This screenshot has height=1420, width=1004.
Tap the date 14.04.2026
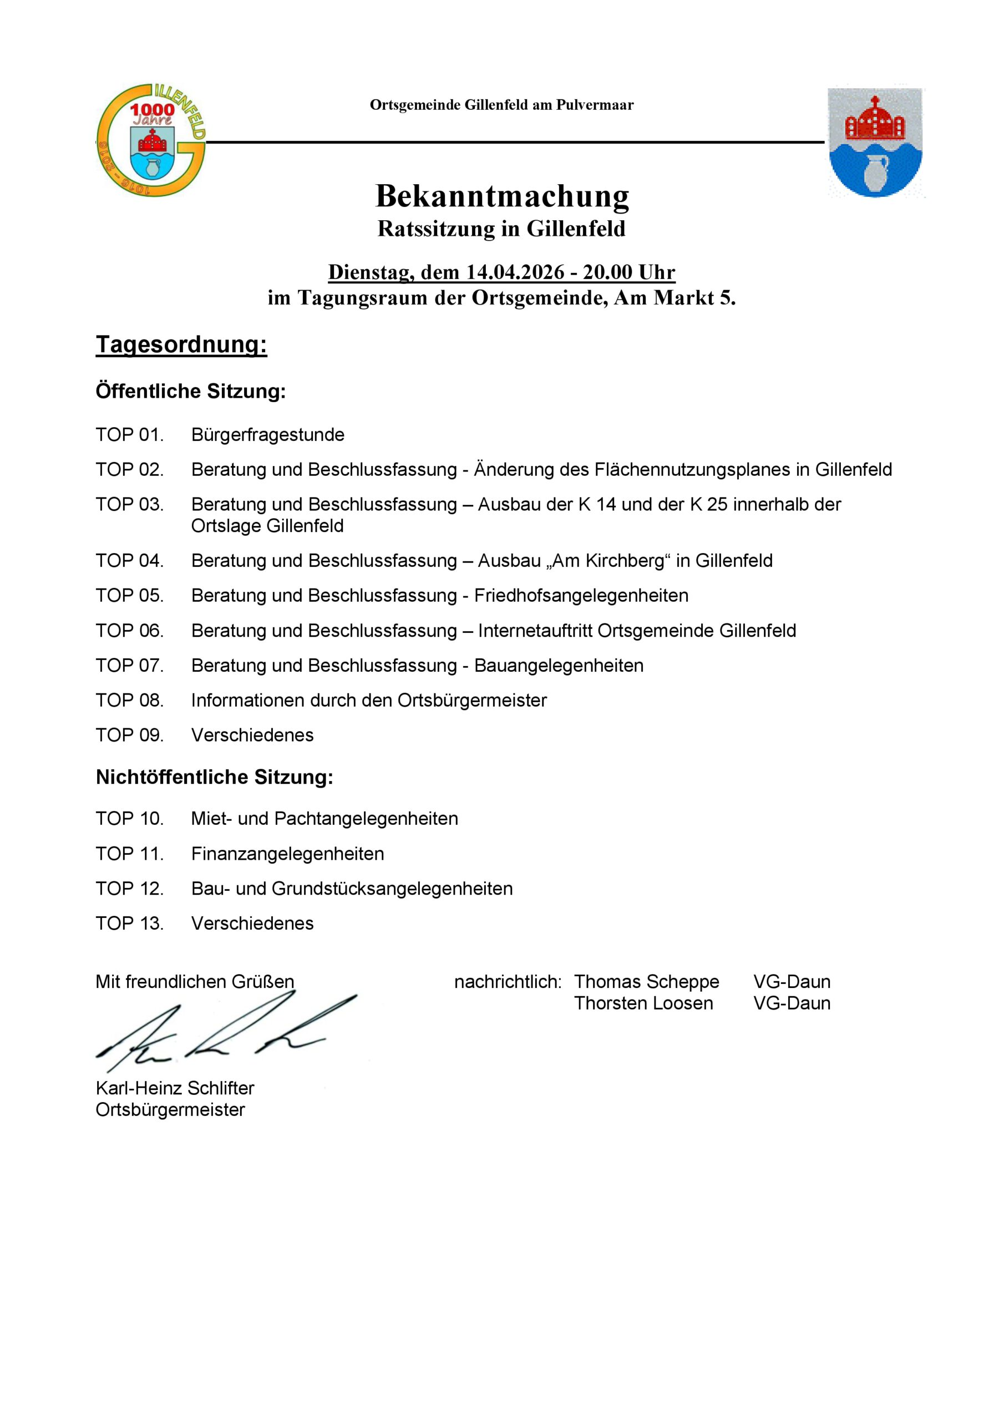pos(515,272)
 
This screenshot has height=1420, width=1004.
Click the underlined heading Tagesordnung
pos(181,344)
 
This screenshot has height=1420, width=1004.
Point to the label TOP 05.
pos(129,596)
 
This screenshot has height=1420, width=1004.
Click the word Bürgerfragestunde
pos(267,435)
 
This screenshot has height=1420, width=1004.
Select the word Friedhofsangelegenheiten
pos(581,596)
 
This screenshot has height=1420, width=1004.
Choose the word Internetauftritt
pos(535,631)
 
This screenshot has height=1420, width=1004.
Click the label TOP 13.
pos(129,924)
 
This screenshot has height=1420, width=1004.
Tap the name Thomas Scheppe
pos(646,982)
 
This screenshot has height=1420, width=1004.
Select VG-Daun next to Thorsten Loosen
pos(791,1003)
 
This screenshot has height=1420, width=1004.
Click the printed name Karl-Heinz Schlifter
pos(174,1088)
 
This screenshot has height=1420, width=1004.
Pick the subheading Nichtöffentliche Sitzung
pos(214,778)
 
